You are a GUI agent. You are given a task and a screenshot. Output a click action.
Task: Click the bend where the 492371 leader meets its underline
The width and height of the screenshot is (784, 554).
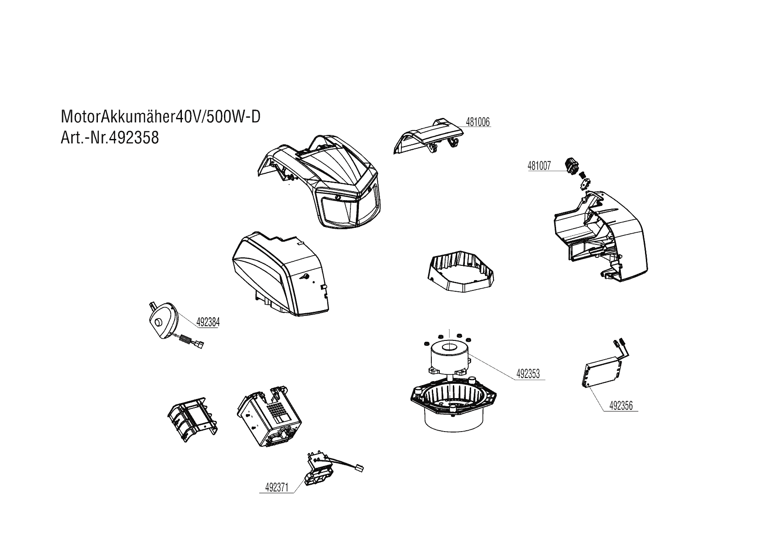(294, 493)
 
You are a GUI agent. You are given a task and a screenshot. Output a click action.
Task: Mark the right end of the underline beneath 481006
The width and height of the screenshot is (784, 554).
(491, 127)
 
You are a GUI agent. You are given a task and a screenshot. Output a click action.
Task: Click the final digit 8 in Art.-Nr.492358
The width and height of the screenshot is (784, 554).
(154, 138)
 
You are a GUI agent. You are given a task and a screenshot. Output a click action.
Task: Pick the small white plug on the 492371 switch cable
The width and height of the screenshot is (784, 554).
(359, 468)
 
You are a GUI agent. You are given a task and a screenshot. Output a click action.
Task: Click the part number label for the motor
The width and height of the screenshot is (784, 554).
(528, 374)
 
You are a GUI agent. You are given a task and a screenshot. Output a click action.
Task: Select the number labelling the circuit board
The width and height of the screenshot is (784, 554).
(621, 406)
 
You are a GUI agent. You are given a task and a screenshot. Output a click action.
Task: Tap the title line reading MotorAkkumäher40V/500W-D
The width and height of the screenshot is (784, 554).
(160, 117)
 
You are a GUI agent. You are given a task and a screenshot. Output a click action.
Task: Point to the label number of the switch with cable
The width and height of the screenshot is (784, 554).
(277, 488)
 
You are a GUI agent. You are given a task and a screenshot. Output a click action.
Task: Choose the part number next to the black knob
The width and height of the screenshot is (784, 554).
(540, 166)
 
